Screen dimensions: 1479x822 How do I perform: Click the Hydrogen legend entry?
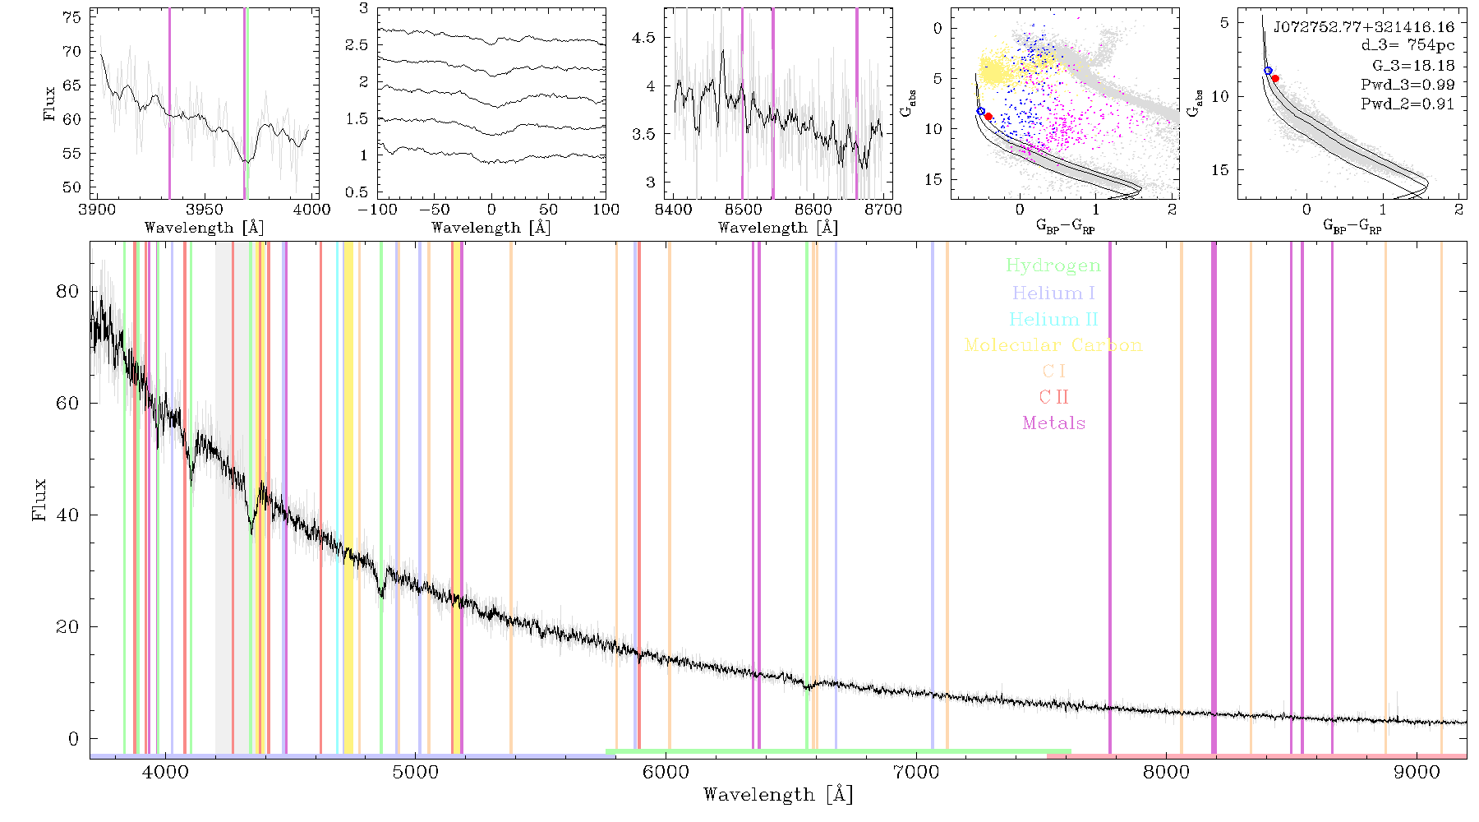(1053, 266)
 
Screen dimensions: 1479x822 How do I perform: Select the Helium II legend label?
(1053, 319)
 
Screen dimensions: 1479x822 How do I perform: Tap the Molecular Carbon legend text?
(1053, 345)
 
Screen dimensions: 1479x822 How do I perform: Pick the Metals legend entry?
(1054, 423)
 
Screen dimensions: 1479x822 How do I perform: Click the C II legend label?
(1054, 397)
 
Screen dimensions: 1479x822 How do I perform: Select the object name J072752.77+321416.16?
(1364, 27)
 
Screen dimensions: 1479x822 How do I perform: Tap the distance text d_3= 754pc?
(1408, 46)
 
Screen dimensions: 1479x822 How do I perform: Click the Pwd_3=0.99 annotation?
(1408, 85)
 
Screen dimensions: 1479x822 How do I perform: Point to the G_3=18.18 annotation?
(1413, 66)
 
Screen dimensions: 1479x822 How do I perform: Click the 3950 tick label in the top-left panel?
(204, 210)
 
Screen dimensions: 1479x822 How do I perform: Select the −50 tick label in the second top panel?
(434, 210)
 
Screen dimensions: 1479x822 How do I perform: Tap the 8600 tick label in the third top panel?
(813, 210)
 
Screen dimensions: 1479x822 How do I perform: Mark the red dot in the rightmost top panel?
(1275, 78)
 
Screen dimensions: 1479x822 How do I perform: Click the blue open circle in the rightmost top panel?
(1268, 72)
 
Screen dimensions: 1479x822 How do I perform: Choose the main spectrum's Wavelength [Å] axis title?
(778, 795)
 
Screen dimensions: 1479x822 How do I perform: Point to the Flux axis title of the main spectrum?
(39, 499)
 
